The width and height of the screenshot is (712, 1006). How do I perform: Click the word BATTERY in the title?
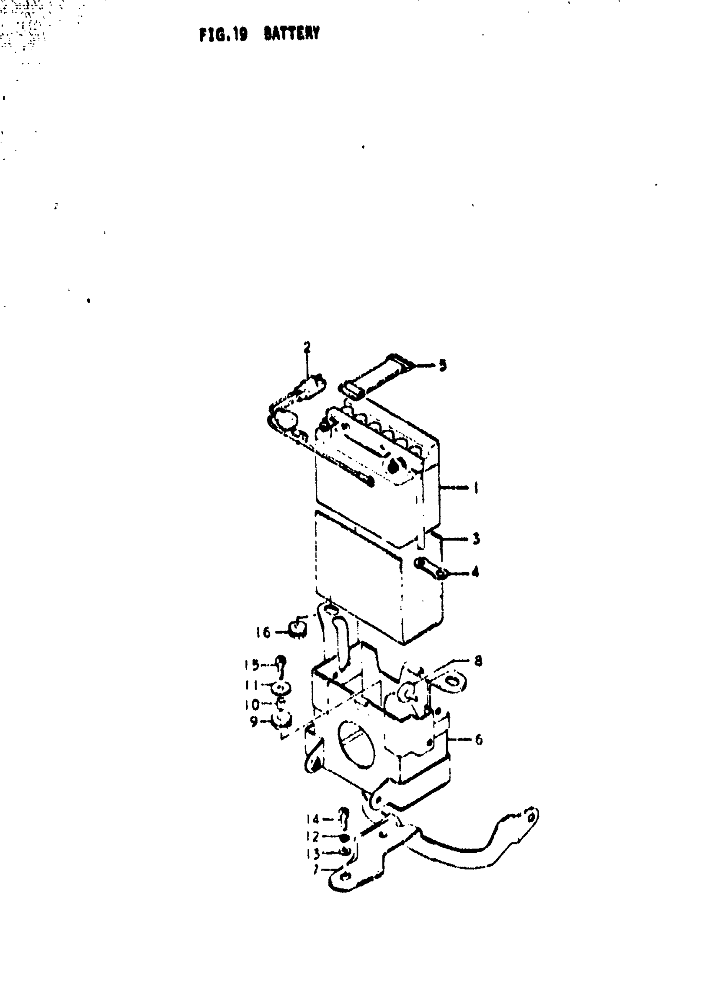pos(292,34)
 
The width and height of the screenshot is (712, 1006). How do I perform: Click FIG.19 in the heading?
pos(223,34)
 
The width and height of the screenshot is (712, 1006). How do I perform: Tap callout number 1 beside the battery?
pos(476,488)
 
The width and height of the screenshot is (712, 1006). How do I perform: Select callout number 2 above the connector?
pos(307,348)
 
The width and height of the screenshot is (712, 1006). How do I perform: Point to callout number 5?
pos(443,365)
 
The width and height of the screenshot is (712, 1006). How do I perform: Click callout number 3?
pos(476,538)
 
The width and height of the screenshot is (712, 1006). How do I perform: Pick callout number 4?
pos(475,572)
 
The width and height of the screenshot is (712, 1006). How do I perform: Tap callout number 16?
pos(263,632)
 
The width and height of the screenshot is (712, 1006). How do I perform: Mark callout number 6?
pos(478,740)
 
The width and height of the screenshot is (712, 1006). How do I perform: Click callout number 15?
pos(252,665)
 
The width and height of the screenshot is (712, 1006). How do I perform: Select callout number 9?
pos(254,722)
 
